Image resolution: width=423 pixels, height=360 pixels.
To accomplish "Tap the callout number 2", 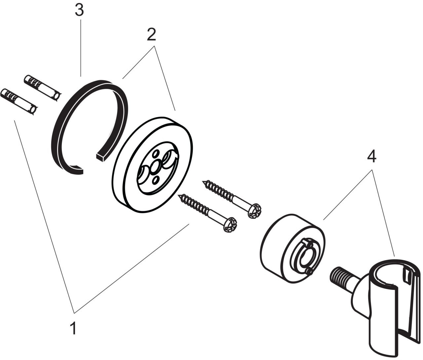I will point(151,34).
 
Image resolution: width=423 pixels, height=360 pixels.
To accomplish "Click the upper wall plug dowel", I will point(42,87).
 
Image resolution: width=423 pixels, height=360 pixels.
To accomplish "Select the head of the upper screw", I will point(255,211).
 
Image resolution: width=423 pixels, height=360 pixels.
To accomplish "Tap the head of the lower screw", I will point(230,224).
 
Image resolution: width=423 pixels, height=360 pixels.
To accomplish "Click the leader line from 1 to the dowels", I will point(43,215).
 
